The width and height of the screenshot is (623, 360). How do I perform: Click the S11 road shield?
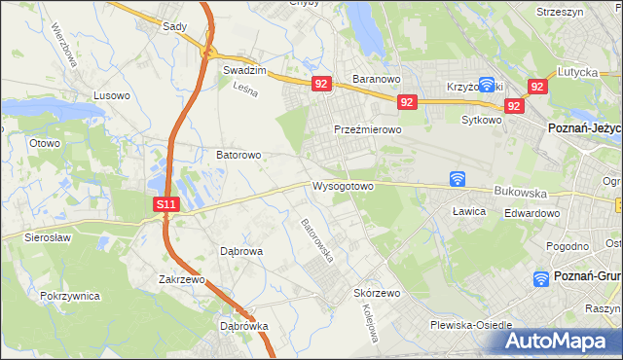click(x=166, y=204)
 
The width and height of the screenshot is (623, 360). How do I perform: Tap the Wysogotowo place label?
click(x=343, y=186)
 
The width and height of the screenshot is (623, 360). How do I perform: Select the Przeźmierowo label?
click(x=367, y=129)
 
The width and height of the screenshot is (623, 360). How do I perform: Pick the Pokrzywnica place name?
click(x=71, y=294)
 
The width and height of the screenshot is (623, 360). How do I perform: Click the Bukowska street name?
click(x=521, y=193)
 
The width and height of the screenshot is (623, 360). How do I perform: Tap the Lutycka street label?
click(x=576, y=72)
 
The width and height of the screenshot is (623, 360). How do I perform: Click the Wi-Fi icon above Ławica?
click(x=458, y=179)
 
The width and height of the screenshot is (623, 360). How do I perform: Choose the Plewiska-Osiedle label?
click(x=471, y=326)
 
